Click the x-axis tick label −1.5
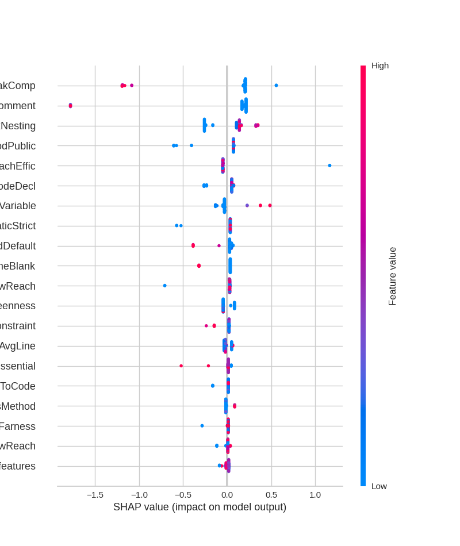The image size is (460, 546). (x=95, y=495)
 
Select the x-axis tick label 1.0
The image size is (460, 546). (x=315, y=495)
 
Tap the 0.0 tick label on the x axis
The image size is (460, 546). (x=227, y=495)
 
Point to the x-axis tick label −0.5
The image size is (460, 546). (x=183, y=495)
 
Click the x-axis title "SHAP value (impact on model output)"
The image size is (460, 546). (x=200, y=507)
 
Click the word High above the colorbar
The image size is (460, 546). (x=380, y=66)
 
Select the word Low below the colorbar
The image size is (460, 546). (x=379, y=486)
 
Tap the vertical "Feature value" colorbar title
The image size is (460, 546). (x=393, y=276)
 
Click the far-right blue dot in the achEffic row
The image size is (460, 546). (x=329, y=166)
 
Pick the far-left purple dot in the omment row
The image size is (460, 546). (x=71, y=105)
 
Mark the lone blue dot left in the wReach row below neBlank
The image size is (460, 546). (x=164, y=286)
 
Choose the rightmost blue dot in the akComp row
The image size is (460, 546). (x=276, y=86)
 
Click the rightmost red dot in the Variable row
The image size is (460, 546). (x=270, y=205)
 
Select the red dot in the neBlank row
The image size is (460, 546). (x=199, y=266)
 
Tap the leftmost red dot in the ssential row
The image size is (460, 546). (x=181, y=366)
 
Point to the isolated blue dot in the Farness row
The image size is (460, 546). (x=202, y=426)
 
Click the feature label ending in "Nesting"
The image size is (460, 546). (x=17, y=126)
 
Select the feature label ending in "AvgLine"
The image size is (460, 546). (x=17, y=346)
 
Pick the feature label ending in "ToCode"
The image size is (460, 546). (x=17, y=386)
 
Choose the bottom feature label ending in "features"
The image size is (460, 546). (x=17, y=466)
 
